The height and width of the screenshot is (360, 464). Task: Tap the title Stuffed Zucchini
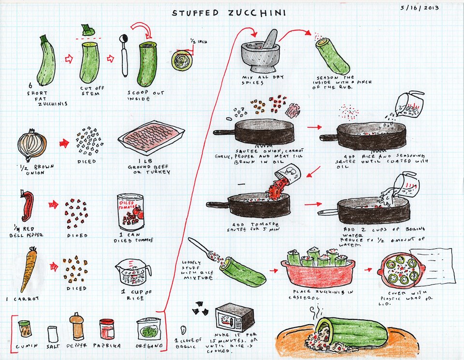[x=229, y=12]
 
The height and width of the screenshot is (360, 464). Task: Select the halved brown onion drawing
[x=32, y=144]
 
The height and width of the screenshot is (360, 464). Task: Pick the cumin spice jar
[x=25, y=329]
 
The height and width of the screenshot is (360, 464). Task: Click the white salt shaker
[x=53, y=333]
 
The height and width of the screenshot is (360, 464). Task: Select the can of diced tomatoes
[x=130, y=212]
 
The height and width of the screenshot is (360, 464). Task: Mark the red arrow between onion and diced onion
[x=63, y=143]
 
